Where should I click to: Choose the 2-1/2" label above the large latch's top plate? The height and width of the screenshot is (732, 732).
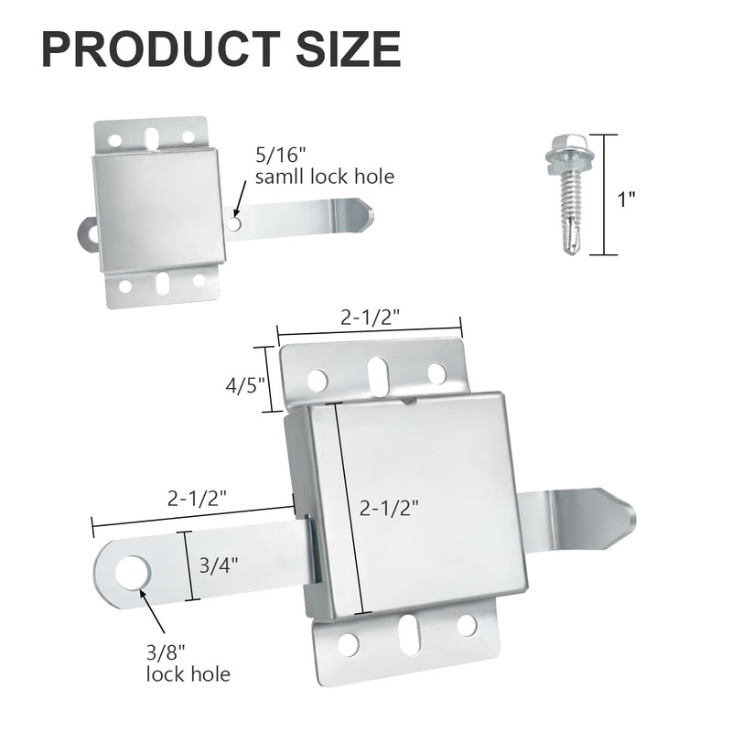point(371,318)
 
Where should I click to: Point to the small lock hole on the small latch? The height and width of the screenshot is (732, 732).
point(235,222)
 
